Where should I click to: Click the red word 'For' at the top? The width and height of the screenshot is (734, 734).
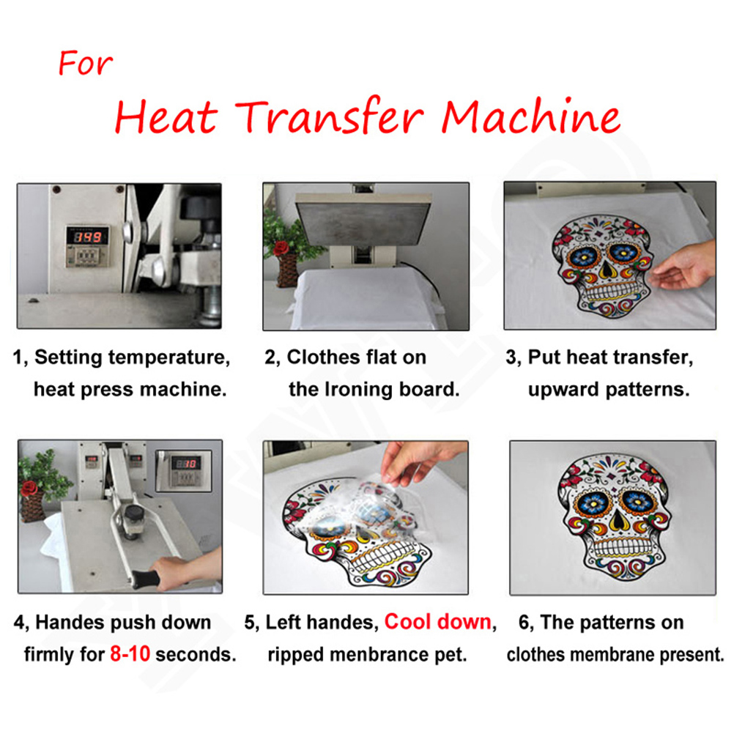[x=85, y=63]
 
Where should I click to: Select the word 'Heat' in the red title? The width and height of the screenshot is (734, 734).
[x=166, y=116]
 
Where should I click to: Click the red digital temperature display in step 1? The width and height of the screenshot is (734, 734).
[x=87, y=237]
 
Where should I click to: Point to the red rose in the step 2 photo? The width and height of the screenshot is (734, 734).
[x=281, y=248]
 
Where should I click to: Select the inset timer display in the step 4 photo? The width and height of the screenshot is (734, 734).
[x=184, y=471]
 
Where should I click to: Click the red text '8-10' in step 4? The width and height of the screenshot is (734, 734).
[x=130, y=654]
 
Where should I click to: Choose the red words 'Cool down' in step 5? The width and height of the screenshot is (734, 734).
[x=437, y=622]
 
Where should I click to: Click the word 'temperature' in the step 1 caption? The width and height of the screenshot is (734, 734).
[x=169, y=357]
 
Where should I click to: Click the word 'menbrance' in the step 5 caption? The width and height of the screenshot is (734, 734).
[x=379, y=654]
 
